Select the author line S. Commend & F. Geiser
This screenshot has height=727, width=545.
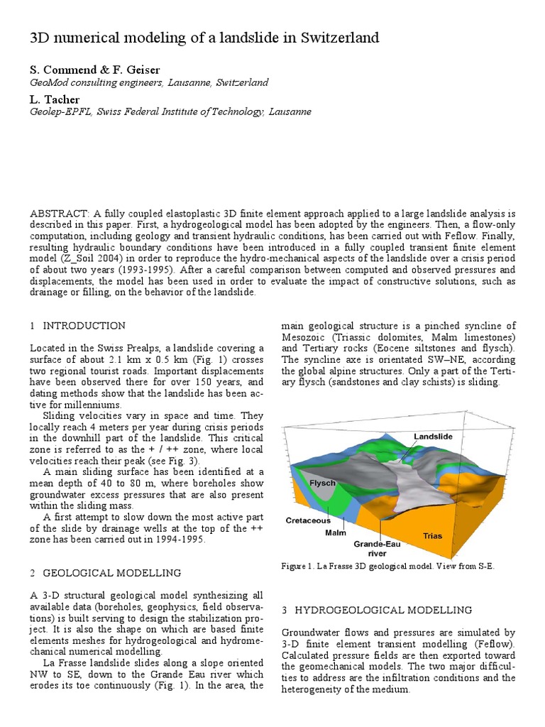click(94, 70)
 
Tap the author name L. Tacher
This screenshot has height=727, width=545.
click(54, 99)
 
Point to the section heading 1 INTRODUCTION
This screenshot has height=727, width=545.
click(78, 326)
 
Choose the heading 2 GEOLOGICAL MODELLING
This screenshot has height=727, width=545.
click(105, 573)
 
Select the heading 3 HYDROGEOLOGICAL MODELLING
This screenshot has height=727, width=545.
click(377, 610)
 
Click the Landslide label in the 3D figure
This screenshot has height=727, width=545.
click(433, 436)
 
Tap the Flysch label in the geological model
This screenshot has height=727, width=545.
click(322, 483)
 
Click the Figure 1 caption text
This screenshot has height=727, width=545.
click(388, 567)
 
